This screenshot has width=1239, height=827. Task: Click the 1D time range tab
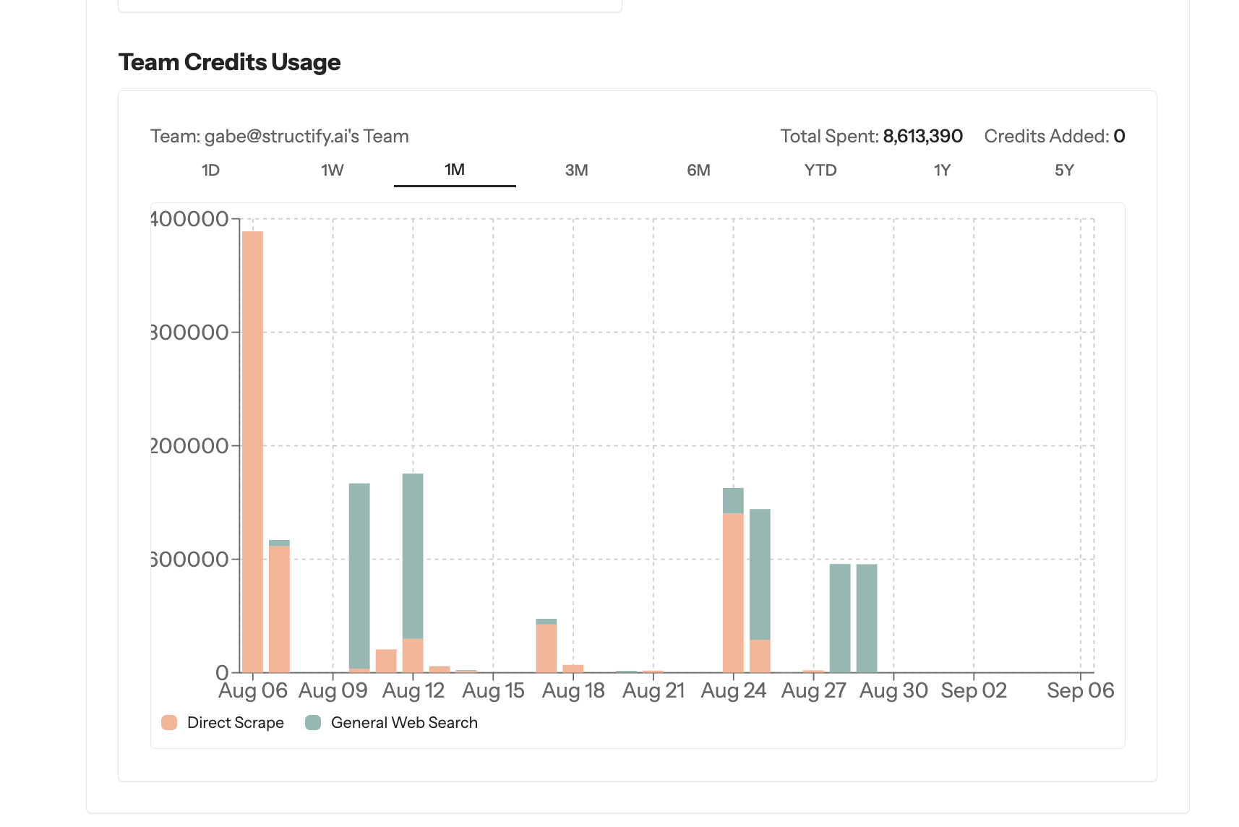210,171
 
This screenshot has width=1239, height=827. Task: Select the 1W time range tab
333,171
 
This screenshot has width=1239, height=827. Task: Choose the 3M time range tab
576,171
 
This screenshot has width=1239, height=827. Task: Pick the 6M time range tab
698,171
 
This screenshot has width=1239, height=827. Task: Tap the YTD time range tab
820,171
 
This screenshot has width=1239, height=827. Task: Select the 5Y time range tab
1064,171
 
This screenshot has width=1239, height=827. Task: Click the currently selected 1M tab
455,170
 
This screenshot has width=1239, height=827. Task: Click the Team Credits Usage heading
229,62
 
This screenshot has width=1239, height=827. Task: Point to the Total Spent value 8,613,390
922,136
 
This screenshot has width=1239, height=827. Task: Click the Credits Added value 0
1119,136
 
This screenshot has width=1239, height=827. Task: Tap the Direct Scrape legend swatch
169,723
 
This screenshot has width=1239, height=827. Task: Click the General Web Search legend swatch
313,723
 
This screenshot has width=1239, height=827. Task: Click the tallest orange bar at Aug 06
252,448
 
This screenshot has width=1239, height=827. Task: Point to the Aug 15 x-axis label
493,691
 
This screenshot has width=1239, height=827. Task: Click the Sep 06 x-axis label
1080,691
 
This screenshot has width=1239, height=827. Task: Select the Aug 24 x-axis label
733,691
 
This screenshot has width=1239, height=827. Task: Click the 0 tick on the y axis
222,673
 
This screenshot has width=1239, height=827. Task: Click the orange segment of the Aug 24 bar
733,593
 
